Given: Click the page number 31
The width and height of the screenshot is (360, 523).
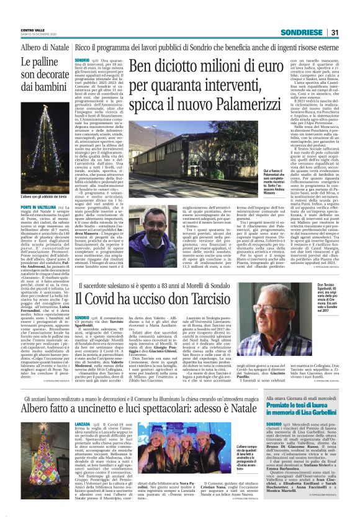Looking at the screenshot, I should (333, 32).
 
